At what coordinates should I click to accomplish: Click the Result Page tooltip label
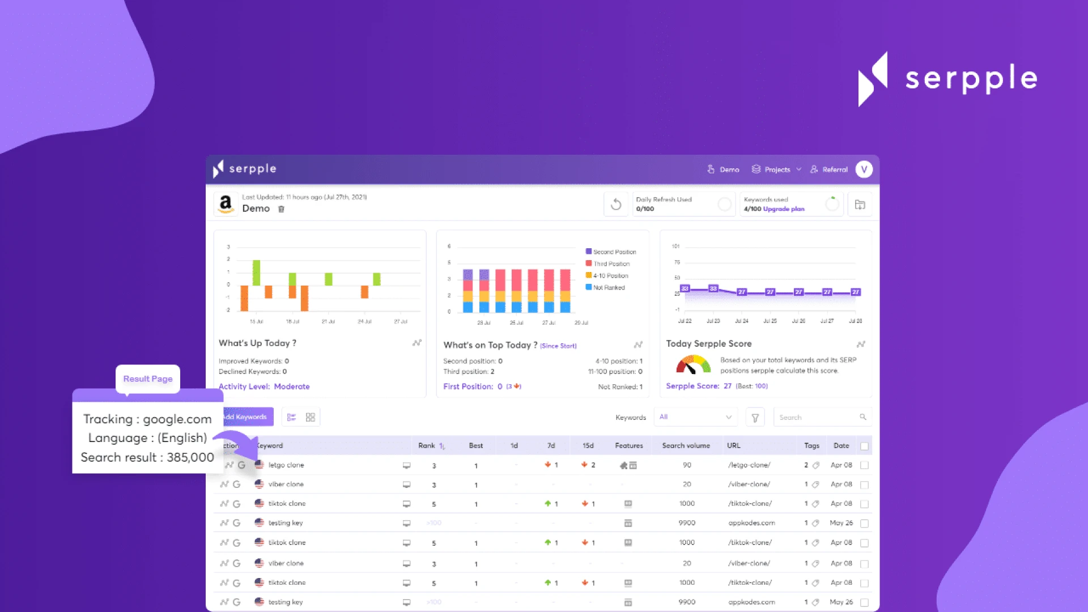148,379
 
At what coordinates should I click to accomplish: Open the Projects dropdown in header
776,169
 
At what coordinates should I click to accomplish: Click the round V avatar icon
864,169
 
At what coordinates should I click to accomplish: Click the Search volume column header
686,445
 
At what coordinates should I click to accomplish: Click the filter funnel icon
755,418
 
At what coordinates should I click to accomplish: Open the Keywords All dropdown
695,417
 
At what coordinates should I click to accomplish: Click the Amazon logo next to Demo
226,203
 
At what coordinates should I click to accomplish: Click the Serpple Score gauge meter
693,364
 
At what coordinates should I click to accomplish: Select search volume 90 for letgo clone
687,465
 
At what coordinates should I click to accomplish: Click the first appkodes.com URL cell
751,523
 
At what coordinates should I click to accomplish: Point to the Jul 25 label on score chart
770,321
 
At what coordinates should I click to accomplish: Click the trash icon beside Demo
281,209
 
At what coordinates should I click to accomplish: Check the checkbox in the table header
864,446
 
